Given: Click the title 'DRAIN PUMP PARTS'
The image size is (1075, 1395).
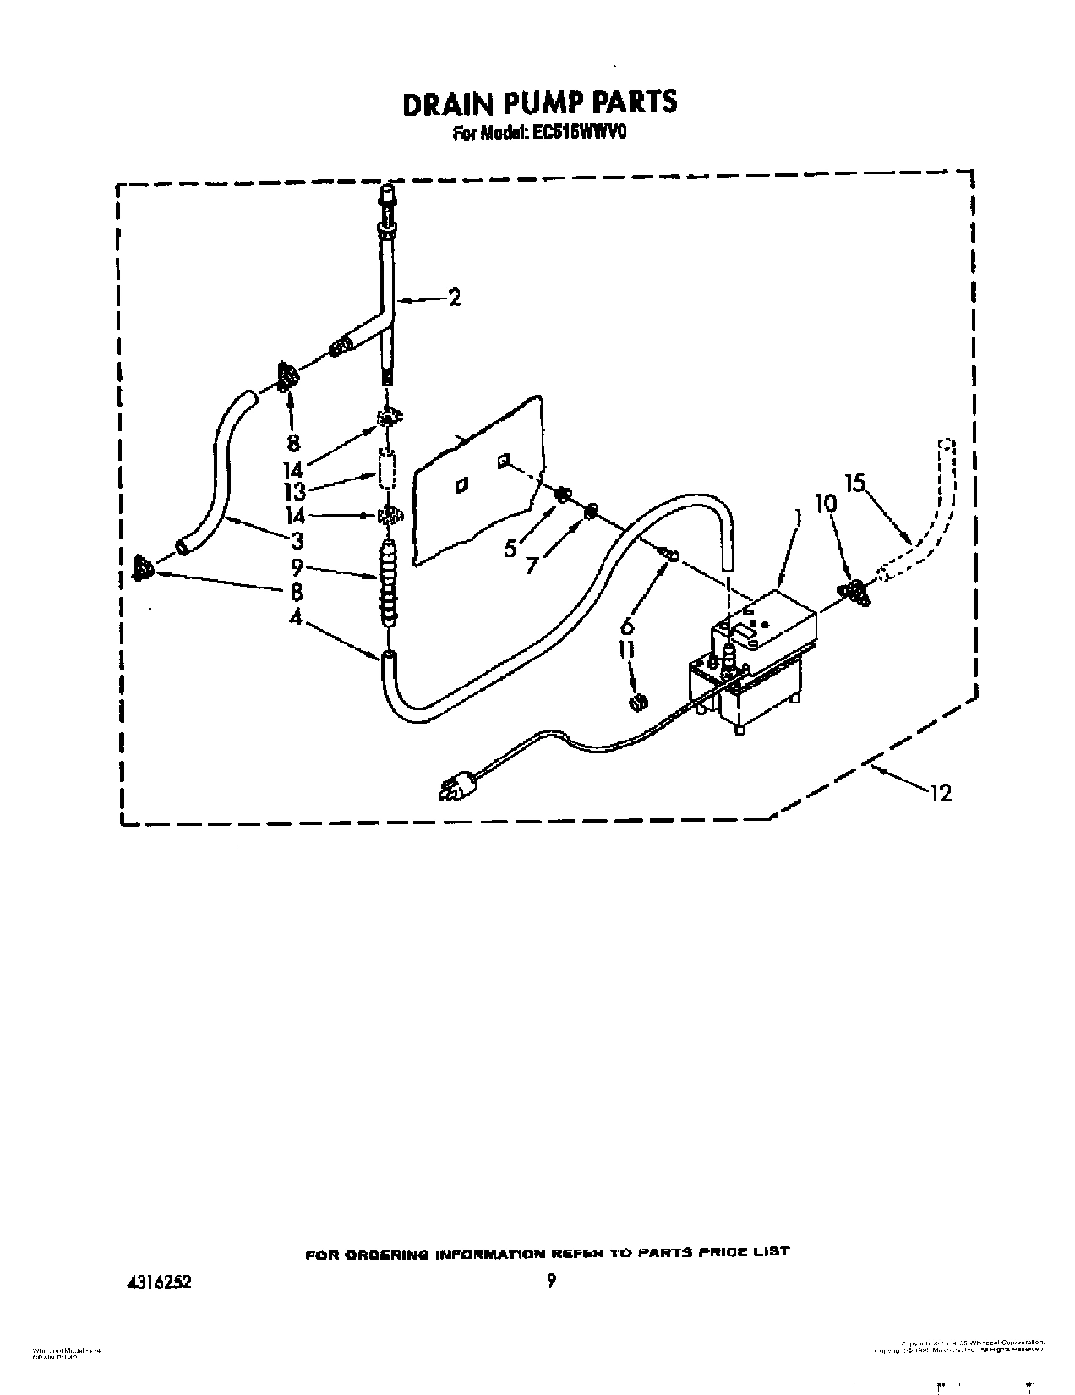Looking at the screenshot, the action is click(x=539, y=102).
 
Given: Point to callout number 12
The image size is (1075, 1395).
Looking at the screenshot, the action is click(x=940, y=792).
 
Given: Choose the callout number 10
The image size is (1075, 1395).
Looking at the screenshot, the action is click(x=826, y=503).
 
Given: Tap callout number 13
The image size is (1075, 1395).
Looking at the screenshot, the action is click(x=293, y=491).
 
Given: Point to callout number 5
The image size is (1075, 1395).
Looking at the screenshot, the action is click(x=510, y=548).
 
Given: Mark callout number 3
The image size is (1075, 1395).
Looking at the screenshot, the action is click(x=297, y=540).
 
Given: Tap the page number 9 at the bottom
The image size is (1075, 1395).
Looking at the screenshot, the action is click(x=551, y=1281).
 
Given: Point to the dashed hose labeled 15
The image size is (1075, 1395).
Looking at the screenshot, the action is click(x=925, y=524).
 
